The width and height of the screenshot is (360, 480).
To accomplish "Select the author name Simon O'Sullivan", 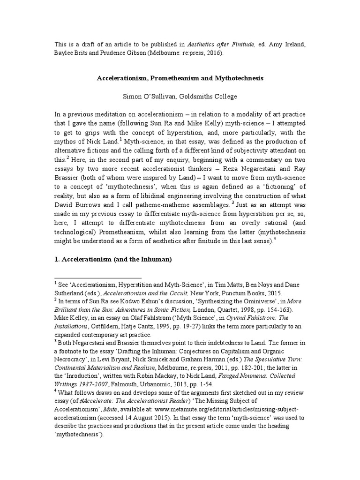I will coord(149,97).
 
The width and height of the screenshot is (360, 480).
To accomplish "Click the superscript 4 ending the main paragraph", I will coord(275,238).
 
